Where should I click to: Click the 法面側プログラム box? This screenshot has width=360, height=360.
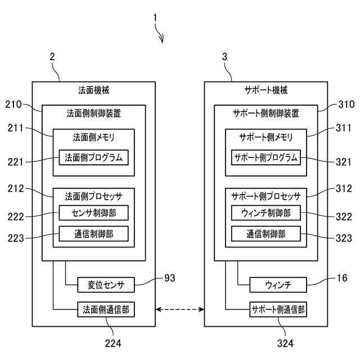pos(94,157)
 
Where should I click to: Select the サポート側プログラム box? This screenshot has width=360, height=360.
pos(266,157)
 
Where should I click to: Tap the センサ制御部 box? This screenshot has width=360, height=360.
pos(94,213)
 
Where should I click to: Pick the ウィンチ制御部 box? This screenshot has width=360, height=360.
pos(266,213)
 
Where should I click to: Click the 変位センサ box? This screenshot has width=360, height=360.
pos(106,285)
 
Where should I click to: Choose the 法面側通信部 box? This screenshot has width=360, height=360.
pos(106,309)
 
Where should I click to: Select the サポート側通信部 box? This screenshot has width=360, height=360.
pos(278,309)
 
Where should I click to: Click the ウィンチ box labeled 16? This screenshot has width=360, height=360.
pos(278,285)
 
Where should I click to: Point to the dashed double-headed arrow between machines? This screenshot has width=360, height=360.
pos(180,309)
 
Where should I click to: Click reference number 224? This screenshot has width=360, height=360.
pos(113,344)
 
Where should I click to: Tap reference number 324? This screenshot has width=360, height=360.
pos(285,344)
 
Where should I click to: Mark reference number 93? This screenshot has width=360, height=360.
pos(170,278)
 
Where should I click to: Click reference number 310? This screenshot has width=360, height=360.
pos(346,105)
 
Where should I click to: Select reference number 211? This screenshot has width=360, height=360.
pos(15,128)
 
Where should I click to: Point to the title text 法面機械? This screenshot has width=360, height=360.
pos(94,90)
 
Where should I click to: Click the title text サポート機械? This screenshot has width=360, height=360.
pos(266,90)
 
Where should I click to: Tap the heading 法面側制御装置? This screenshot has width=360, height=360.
pos(94,114)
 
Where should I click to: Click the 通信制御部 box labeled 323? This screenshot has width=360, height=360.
pos(266,234)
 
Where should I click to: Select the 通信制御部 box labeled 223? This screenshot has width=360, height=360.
pos(94,234)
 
